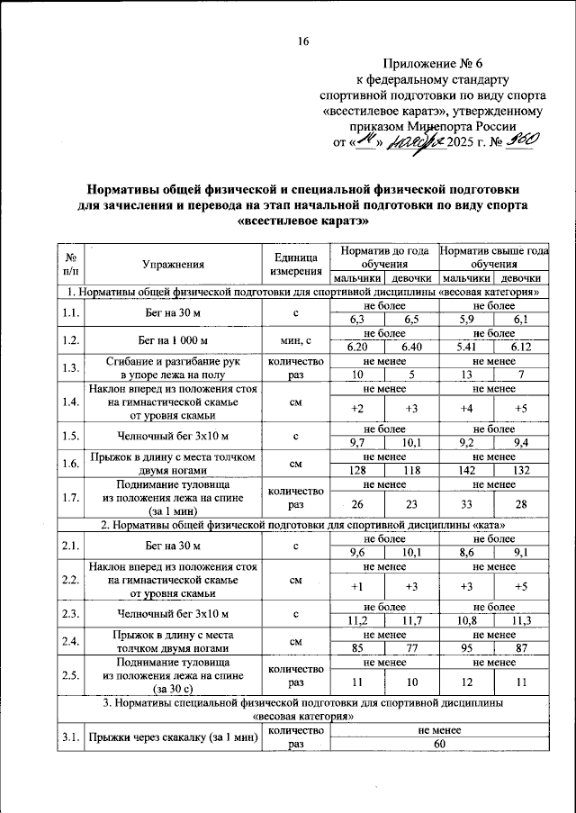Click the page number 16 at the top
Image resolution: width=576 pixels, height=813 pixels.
pos(302,42)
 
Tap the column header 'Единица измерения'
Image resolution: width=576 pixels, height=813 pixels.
pos(296,264)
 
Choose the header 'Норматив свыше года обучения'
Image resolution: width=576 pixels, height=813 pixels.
pos(493,257)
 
